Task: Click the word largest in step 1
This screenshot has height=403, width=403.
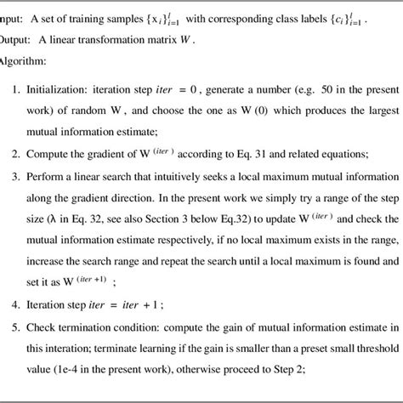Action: (373, 88)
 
